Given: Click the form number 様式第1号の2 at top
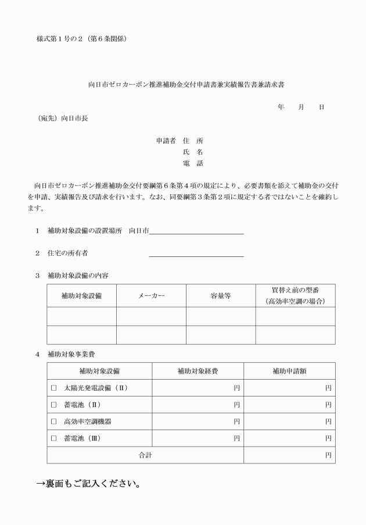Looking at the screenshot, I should [81, 39].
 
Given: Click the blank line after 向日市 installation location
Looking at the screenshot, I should [196, 231].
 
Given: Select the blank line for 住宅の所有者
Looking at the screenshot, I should [196, 253].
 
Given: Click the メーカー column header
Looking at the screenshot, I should [151, 296].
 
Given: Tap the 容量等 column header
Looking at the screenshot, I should [220, 296].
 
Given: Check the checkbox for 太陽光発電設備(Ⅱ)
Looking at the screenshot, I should [53, 388].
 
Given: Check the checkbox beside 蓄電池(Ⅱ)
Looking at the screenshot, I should [53, 405].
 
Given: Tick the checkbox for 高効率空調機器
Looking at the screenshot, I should [53, 422].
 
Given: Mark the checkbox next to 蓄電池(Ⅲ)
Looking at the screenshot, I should [53, 438].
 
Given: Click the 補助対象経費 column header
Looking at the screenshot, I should [198, 371].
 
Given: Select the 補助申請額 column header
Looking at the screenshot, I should [289, 371].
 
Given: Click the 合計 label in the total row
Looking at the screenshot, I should [145, 455].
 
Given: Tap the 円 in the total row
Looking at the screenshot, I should [328, 455].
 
